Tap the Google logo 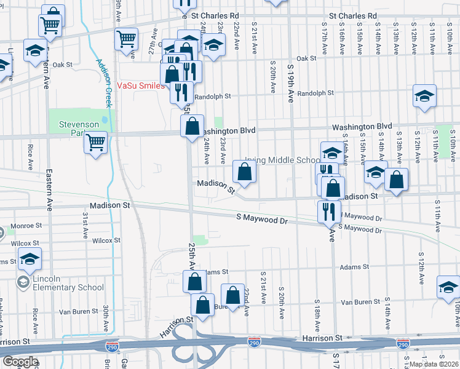tap(20, 362)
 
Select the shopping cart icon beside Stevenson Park tap(96, 143)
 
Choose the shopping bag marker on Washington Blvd tap(192, 126)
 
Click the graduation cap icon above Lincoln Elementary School tap(29, 259)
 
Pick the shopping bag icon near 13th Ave tap(397, 179)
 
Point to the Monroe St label tap(26, 226)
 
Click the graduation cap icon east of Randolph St tap(424, 96)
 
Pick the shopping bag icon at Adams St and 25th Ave tap(195, 282)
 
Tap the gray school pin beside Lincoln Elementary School tap(23, 282)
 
